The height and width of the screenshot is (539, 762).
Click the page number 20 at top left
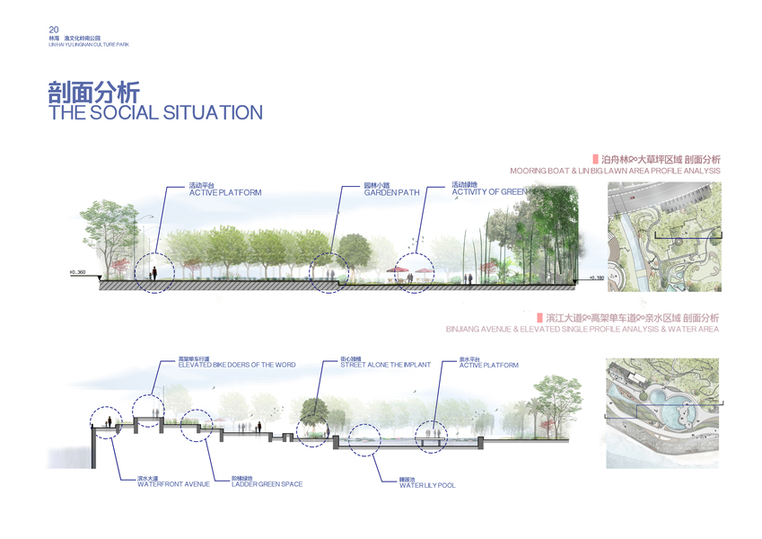point(54,29)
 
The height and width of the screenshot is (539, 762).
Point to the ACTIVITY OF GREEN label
point(489,192)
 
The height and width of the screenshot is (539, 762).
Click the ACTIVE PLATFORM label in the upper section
point(225,192)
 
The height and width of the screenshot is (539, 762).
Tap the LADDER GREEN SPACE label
point(267,484)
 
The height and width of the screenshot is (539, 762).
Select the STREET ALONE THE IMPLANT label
point(385,365)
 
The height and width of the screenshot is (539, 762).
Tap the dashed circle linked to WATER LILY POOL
point(366,441)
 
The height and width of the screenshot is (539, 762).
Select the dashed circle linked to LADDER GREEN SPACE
point(198,427)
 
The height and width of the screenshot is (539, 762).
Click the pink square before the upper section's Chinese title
point(595,158)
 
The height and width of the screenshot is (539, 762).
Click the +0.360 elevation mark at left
point(76,271)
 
